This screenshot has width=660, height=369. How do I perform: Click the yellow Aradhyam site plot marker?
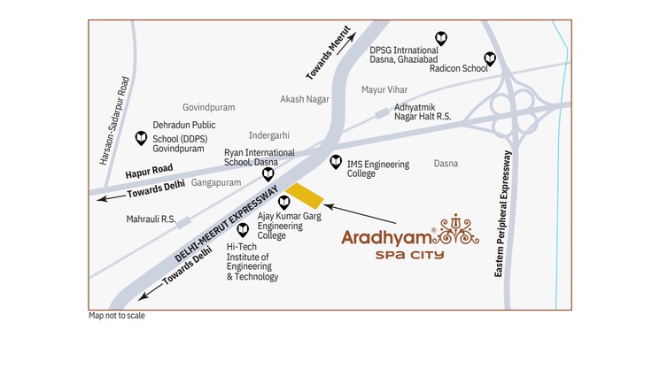point(304,197)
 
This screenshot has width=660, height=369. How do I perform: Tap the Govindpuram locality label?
point(208,107)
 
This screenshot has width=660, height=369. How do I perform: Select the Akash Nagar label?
point(304,99)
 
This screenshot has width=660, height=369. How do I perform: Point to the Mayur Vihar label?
point(384,90)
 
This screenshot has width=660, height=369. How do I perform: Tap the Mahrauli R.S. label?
point(151,219)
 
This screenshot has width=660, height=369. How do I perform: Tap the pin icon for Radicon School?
point(489,58)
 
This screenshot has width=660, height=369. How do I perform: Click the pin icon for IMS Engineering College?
point(336,162)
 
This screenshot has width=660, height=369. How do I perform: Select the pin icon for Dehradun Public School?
point(140,138)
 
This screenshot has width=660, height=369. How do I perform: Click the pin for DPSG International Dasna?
point(441,38)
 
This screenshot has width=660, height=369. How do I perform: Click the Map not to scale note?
point(116,316)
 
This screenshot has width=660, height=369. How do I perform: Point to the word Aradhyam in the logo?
point(387,238)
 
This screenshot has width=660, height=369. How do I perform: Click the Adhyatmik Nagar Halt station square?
point(382,112)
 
